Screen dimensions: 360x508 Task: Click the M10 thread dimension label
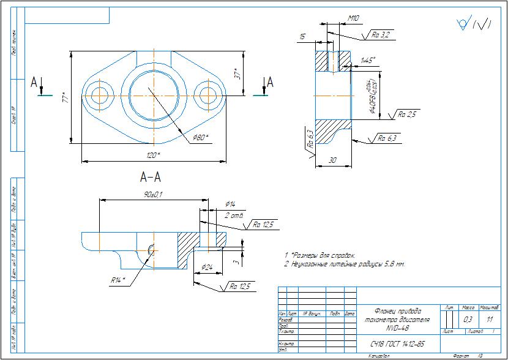(353, 18)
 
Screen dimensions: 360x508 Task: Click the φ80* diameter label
(200, 137)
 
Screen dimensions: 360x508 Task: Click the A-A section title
(151, 178)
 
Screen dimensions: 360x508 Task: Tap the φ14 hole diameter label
(230, 204)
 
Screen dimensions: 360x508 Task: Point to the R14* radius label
(118, 280)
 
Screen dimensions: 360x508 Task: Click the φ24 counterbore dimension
(206, 268)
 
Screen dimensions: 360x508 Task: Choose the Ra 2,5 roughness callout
(407, 114)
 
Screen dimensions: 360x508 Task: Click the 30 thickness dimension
(332, 160)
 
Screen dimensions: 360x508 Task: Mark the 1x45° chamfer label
(367, 60)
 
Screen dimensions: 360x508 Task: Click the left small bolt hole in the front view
(98, 94)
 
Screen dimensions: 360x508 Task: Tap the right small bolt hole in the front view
(206, 94)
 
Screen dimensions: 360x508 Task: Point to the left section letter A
(35, 83)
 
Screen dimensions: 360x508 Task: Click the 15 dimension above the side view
(302, 37)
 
